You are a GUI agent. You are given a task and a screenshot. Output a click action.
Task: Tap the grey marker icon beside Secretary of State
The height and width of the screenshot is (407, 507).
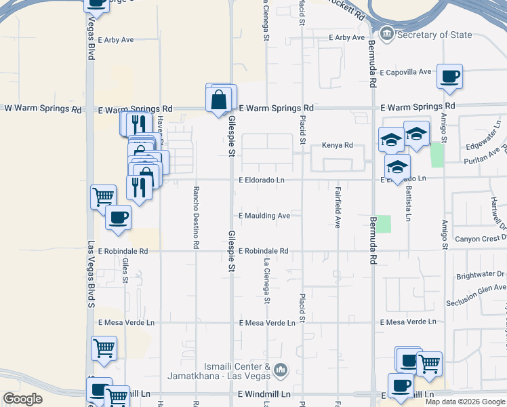pyautogui.click(x=386, y=33)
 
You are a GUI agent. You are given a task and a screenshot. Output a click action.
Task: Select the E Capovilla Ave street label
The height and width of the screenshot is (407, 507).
pyautogui.click(x=405, y=72)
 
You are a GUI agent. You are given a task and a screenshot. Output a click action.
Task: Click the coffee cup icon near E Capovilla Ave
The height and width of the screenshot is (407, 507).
pyautogui.click(x=449, y=77)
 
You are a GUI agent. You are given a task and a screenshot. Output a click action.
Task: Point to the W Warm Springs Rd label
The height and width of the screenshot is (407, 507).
pyautogui.click(x=37, y=108)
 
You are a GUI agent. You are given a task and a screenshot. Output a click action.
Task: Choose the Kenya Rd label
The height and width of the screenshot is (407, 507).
pyautogui.click(x=338, y=145)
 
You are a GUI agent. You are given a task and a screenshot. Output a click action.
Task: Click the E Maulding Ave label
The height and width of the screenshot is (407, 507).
pyautogui.click(x=264, y=216)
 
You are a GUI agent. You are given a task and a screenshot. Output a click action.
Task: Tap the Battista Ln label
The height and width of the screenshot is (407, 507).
pyautogui.click(x=408, y=203)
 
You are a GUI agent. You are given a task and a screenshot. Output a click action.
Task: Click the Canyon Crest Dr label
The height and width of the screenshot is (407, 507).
pyautogui.click(x=481, y=238)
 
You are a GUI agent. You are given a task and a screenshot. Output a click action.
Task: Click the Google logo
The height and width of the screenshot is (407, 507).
pyautogui.click(x=22, y=399)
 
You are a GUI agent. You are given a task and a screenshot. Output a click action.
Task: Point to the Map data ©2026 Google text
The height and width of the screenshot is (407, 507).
pyautogui.click(x=465, y=402)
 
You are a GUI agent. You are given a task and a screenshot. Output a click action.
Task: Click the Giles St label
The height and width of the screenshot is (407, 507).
pyautogui.click(x=125, y=273)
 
